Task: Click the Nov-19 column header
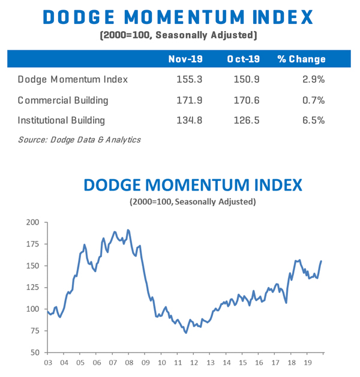tap(186, 59)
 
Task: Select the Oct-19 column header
tap(244, 59)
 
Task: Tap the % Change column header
tap(301, 59)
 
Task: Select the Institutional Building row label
tap(61, 120)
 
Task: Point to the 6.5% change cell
tap(314, 120)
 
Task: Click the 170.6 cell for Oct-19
tap(247, 99)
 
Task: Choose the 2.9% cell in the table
tap(314, 79)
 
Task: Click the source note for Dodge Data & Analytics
tap(79, 140)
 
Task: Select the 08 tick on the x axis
tap(128, 363)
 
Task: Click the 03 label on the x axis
tap(48, 363)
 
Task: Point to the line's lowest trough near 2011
tap(185, 333)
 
